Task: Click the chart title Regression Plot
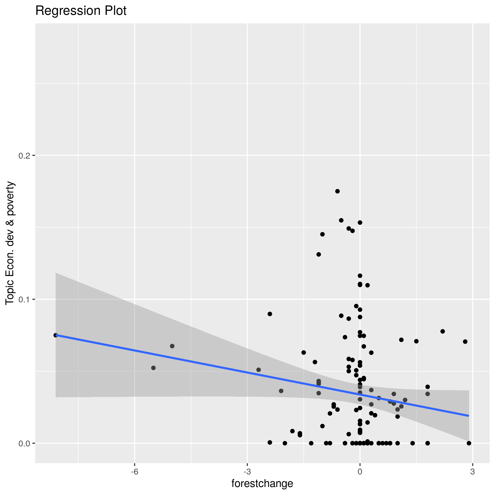tap(81, 11)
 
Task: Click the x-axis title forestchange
tap(262, 483)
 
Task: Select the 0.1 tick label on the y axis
tap(24, 299)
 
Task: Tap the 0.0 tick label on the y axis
tap(24, 443)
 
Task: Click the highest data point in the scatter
tap(338, 191)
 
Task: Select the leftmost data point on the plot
tap(56, 335)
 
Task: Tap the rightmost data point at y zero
tap(469, 443)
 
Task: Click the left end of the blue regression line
tap(56, 335)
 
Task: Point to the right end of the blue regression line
tap(469, 416)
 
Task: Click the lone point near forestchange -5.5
tap(153, 368)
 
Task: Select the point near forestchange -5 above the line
tap(172, 346)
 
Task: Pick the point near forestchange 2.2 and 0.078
tap(443, 331)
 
